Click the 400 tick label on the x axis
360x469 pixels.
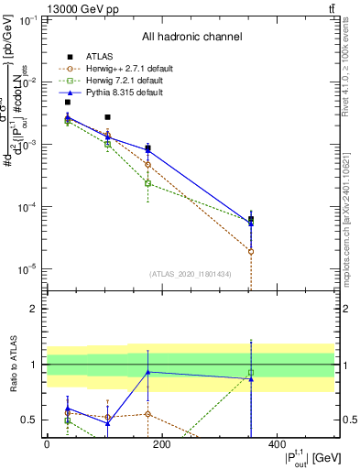(x=277, y=444)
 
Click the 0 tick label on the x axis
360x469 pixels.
(x=47, y=444)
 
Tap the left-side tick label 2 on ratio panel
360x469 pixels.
(x=33, y=309)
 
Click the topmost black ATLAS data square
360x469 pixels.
(x=68, y=102)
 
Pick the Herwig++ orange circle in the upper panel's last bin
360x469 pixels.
(x=251, y=251)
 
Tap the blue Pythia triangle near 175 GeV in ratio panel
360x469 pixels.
(x=148, y=372)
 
